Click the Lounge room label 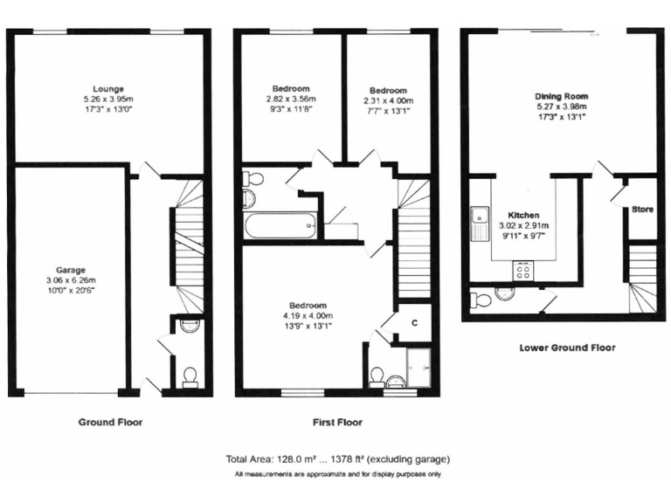click(110, 88)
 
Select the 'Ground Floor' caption click(110, 422)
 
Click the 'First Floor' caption click(337, 422)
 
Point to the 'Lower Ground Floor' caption click(567, 348)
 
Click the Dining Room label click(561, 96)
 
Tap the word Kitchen click(524, 215)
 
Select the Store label click(642, 210)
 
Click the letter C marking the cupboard click(414, 322)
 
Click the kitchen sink click(479, 224)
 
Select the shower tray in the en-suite click(420, 365)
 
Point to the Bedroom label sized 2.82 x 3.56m click(290, 89)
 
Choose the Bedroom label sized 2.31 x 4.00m click(387, 91)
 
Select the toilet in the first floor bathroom click(253, 179)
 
